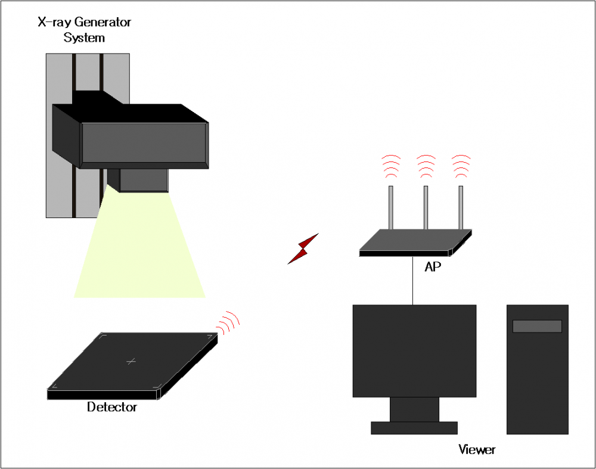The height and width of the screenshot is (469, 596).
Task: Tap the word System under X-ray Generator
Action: [84, 38]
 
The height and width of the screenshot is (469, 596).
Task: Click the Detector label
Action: [112, 408]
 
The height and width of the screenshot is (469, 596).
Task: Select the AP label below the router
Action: [433, 267]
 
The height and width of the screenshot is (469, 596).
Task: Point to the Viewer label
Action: [477, 449]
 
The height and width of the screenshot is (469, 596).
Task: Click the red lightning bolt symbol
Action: [303, 249]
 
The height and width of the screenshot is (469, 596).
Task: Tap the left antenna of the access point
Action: [391, 207]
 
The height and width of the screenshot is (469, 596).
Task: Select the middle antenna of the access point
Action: [426, 207]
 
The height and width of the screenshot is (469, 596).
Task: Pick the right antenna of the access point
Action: [461, 207]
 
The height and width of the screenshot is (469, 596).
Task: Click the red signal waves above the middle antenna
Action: [426, 166]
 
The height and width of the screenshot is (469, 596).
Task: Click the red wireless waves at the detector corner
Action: [228, 322]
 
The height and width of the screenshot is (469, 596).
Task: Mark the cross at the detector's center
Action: [132, 361]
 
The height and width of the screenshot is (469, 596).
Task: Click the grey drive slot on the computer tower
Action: [537, 326]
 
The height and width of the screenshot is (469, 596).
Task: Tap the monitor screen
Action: [414, 350]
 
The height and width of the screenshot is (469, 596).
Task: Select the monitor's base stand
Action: [414, 427]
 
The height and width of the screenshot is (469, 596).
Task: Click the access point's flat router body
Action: [415, 241]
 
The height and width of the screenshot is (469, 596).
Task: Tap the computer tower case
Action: [537, 381]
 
